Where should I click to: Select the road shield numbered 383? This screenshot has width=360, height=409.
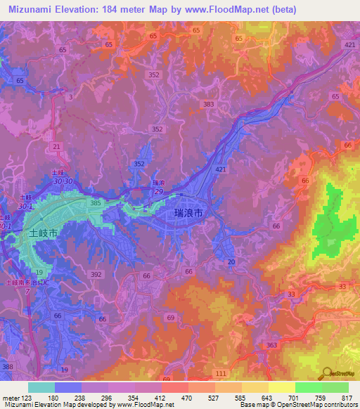(x=207, y=104)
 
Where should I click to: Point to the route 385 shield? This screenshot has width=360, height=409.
(x=96, y=203)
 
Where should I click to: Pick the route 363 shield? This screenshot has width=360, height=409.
(x=272, y=345)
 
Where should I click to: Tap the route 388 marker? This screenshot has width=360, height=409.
(x=8, y=367)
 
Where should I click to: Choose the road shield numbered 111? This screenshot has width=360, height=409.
(x=221, y=372)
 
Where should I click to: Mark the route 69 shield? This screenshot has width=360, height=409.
(x=170, y=318)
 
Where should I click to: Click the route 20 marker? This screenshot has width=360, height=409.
(x=231, y=261)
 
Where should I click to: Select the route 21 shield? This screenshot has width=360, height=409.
(x=57, y=145)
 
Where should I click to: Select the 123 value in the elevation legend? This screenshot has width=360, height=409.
(x=25, y=398)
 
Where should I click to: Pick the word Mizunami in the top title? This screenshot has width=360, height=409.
(x=33, y=9)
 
